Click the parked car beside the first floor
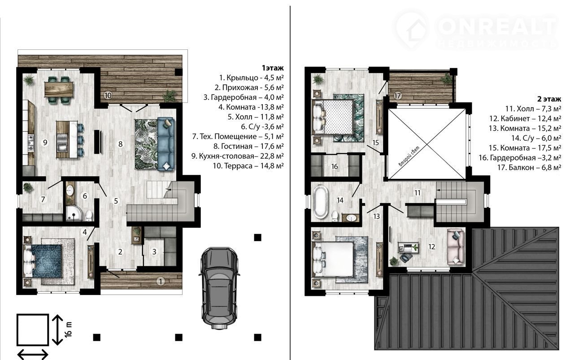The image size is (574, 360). click(x=219, y=288)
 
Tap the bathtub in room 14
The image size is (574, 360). click(x=320, y=203)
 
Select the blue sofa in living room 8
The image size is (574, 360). click(x=166, y=144)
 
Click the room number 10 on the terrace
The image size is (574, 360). click(x=108, y=95)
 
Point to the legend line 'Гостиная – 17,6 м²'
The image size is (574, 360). click(x=248, y=146)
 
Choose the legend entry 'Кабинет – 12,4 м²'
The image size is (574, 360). click(x=525, y=118)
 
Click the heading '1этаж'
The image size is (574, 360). click(x=273, y=68)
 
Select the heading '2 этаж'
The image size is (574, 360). click(x=549, y=99)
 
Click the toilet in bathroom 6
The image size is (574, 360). click(x=89, y=216)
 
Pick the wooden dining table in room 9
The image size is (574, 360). click(x=59, y=89)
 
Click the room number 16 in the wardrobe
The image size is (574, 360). click(x=335, y=166)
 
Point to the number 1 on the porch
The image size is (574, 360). click(x=161, y=282)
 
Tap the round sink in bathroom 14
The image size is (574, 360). click(x=350, y=218)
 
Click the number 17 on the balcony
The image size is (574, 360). click(x=397, y=96)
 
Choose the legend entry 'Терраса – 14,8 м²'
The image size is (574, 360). click(x=248, y=166)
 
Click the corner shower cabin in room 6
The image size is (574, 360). click(x=74, y=214)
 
